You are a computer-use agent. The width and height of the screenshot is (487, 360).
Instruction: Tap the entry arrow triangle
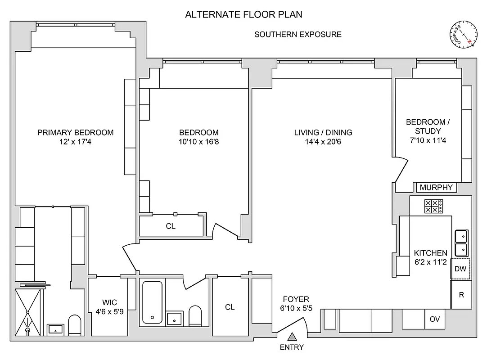[292, 336]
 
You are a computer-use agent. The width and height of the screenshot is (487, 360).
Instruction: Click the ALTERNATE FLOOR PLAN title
[243, 14]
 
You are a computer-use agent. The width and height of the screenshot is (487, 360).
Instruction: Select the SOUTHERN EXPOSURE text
[298, 34]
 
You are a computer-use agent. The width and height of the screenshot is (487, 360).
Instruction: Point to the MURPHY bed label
[436, 188]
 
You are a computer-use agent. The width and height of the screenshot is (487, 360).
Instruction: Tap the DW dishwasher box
[460, 269]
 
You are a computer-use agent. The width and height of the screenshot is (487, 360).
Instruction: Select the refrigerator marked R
[461, 295]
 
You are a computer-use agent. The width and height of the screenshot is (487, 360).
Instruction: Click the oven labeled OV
[435, 319]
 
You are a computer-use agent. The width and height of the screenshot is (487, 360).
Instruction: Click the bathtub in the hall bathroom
[152, 302]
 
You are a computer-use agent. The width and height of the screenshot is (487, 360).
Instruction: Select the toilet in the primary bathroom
[74, 324]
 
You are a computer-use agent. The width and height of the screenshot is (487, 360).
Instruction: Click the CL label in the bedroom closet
[170, 226]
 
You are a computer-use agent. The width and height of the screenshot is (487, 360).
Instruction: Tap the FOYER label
[296, 299]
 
